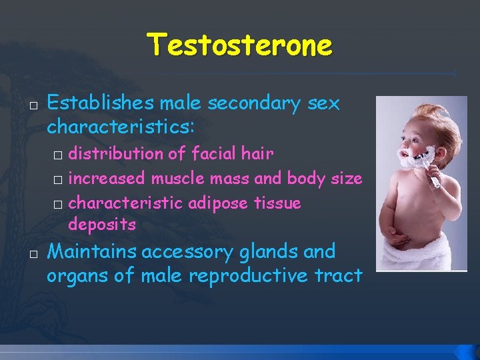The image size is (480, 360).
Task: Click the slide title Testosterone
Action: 239,45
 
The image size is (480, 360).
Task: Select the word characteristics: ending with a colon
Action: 121,127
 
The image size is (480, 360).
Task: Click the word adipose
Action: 220,203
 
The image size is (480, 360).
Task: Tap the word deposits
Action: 102,225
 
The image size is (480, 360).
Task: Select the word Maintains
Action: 93,252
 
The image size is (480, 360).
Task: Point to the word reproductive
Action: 248,275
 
